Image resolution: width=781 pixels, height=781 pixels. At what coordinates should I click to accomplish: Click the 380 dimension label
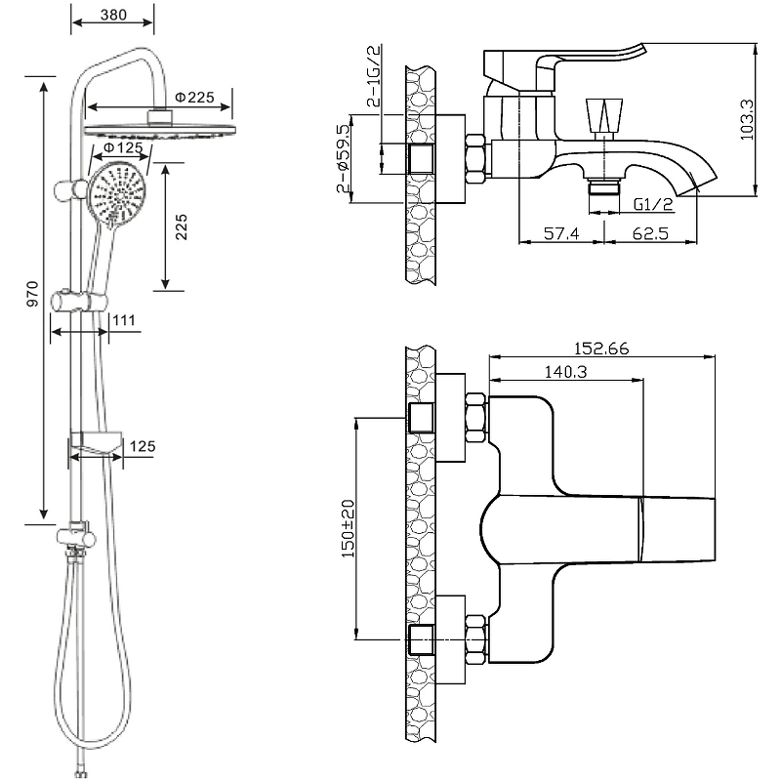[113, 16]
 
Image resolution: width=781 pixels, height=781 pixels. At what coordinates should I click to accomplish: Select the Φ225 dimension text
[194, 98]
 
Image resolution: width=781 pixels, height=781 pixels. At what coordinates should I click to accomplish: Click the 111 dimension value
[124, 320]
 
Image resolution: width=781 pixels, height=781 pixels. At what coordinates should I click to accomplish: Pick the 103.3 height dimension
[747, 118]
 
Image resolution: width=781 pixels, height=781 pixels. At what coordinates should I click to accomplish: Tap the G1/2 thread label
[652, 204]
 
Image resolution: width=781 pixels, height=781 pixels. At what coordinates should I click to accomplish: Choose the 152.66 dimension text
[602, 348]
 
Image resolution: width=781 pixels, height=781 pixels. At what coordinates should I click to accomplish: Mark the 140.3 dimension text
[560, 372]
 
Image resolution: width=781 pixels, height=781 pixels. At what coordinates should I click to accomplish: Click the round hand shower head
[116, 193]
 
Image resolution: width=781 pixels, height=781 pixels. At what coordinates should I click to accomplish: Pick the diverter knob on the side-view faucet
[602, 115]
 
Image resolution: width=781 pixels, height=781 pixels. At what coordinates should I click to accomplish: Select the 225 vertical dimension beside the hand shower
[182, 226]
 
